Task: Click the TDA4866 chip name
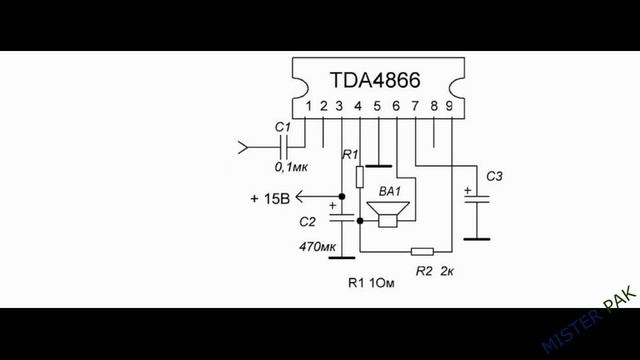(x=375, y=79)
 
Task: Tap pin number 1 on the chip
(x=310, y=106)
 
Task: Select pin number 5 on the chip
(x=377, y=106)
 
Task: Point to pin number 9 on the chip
(x=452, y=106)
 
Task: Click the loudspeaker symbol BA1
(x=386, y=213)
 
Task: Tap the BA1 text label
(x=389, y=190)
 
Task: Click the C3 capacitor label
(x=495, y=176)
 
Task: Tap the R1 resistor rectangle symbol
(x=359, y=178)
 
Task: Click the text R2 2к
(x=434, y=270)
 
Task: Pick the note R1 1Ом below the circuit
(x=375, y=284)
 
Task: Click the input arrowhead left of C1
(x=242, y=150)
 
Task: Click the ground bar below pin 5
(x=377, y=164)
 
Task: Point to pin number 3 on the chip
(x=340, y=106)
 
